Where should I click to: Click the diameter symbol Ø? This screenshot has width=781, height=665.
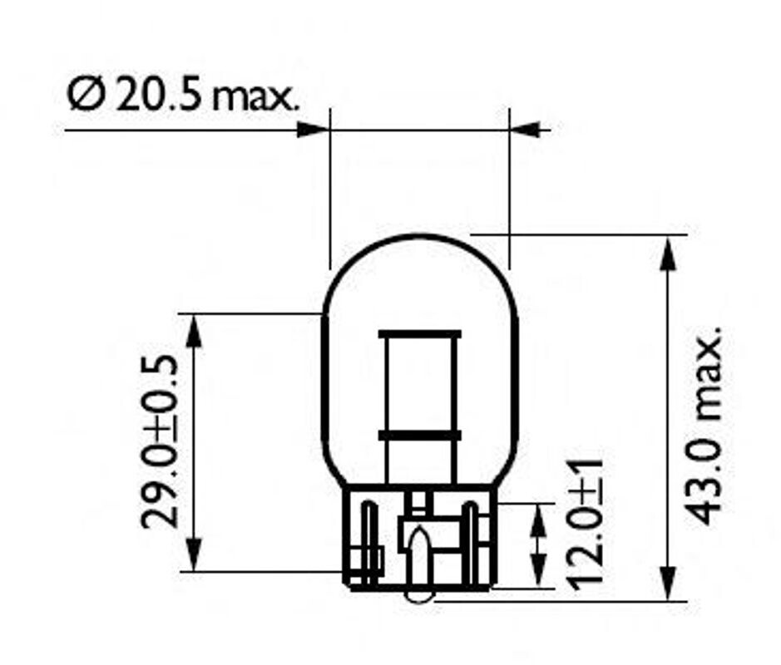pos(85,97)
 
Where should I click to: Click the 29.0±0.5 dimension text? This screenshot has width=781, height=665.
pos(157,441)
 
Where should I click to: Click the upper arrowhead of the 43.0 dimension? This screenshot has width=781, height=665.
pos(667,253)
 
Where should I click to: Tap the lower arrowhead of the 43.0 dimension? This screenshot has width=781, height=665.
pos(667,584)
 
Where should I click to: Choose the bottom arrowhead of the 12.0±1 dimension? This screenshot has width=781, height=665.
pos(540,574)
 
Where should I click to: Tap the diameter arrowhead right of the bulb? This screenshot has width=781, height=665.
pos(526,130)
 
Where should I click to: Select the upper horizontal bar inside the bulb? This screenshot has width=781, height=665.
pos(418,334)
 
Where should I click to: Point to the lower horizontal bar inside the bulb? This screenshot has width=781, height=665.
pos(418,435)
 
